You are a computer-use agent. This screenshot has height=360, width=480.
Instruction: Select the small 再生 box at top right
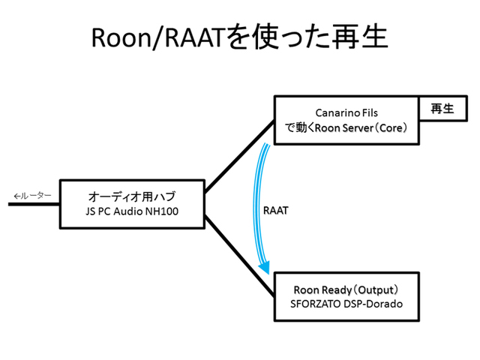[x=442, y=109]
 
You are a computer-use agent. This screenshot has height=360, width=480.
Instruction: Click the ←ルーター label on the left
[x=32, y=196]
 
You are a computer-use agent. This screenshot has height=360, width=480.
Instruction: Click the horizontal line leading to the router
[x=34, y=203]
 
